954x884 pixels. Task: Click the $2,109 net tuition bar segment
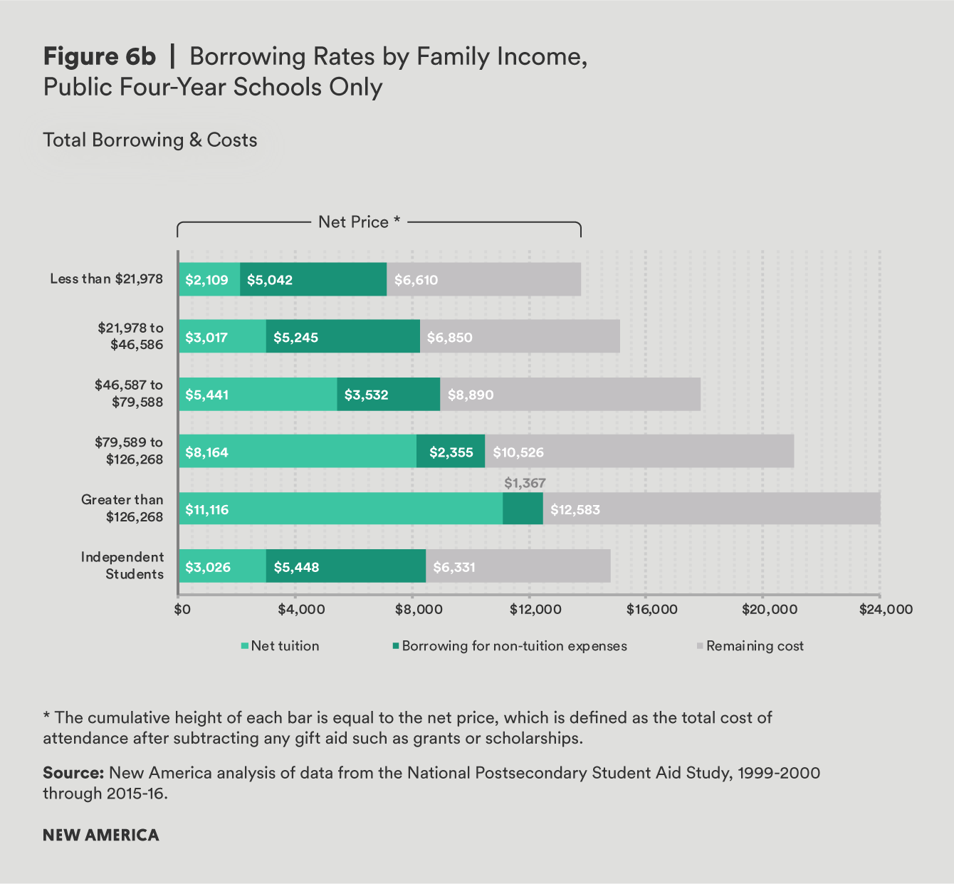coord(209,279)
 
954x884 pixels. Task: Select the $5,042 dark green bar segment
coord(313,279)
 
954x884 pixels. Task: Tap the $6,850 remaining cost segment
coord(520,337)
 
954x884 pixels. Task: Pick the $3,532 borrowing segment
coord(389,395)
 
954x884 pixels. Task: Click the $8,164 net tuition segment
coord(298,452)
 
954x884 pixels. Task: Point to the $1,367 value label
coord(525,483)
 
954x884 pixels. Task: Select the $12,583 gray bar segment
coord(711,509)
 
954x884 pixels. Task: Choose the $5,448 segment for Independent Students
coord(346,567)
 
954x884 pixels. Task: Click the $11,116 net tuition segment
coord(340,509)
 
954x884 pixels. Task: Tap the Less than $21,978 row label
coord(106,279)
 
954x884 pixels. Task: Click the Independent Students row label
coord(122,566)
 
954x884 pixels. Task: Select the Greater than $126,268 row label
coord(122,508)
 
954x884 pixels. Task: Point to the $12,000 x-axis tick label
coord(535,610)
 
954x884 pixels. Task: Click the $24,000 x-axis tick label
coord(886,610)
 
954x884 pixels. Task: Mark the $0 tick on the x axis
coord(182,610)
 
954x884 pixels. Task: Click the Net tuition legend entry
coord(281,646)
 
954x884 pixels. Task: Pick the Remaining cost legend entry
coord(750,646)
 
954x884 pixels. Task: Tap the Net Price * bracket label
coord(359,222)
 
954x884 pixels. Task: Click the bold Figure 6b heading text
coord(100,56)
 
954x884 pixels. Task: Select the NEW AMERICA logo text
coord(101,835)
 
